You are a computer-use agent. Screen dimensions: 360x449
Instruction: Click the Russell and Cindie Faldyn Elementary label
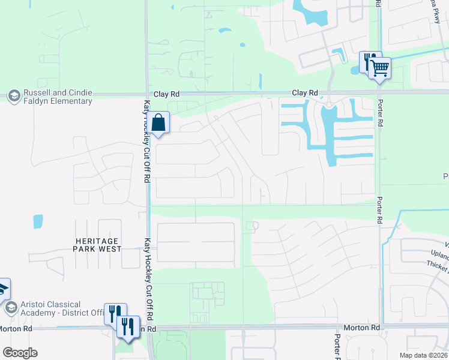[58, 97]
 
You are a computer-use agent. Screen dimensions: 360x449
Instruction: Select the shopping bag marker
[158, 124]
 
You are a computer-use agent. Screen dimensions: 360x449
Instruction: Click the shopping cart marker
[379, 68]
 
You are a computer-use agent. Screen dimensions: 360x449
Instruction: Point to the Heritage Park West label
[98, 244]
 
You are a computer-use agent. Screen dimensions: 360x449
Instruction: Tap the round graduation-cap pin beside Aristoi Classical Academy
[10, 308]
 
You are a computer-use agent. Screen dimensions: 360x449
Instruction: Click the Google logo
[20, 353]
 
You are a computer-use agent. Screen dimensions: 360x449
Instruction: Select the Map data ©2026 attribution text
[423, 355]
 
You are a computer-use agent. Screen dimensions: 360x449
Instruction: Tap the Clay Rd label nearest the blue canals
[304, 93]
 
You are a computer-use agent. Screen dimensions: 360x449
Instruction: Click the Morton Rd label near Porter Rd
[362, 328]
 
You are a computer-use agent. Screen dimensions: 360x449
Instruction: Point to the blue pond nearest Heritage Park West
[38, 221]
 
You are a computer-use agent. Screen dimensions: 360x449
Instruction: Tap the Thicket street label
[437, 265]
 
